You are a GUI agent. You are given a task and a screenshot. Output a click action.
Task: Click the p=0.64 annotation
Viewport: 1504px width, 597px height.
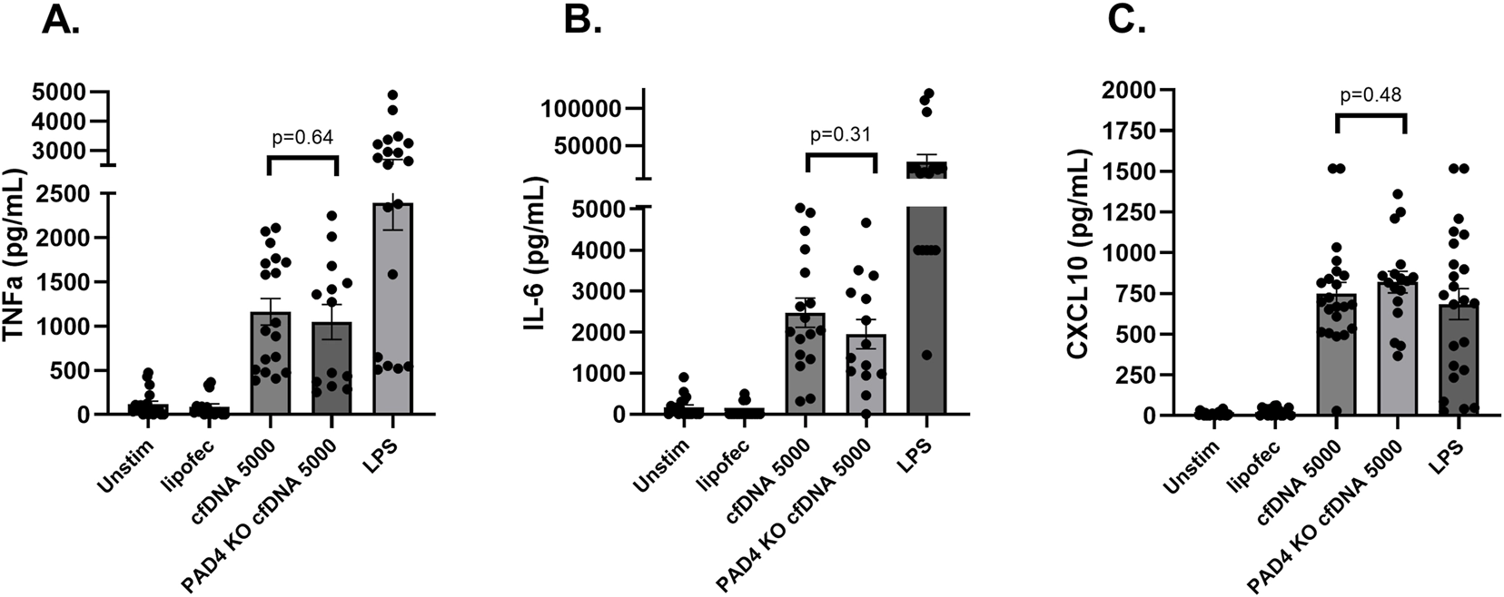[303, 138]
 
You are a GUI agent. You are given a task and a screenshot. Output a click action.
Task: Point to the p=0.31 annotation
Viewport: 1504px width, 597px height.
[840, 134]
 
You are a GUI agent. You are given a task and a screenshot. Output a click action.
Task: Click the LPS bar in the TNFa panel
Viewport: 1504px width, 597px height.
[393, 308]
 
